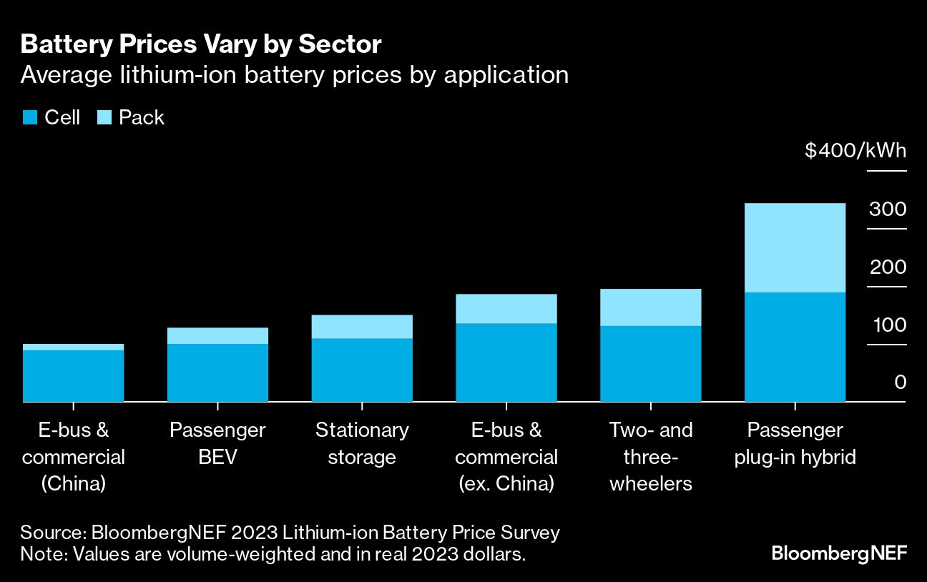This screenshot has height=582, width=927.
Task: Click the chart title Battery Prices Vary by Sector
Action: coord(200,44)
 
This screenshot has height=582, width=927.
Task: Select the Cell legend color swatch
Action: coord(29,118)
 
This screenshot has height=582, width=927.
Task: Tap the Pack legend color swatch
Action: coord(104,118)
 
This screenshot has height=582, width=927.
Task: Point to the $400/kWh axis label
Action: coord(855,152)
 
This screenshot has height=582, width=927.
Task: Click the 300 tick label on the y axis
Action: coord(888,209)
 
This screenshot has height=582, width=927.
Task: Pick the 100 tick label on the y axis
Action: coord(888,325)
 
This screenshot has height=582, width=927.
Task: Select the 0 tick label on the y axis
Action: coord(899,383)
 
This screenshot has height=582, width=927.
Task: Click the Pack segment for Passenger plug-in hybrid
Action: coord(795,247)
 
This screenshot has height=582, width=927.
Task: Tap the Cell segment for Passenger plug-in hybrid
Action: coord(795,347)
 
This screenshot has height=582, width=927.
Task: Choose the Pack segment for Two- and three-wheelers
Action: coord(650,307)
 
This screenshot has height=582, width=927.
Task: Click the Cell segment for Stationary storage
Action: coord(362,370)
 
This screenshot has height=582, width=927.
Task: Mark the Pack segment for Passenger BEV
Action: coord(217,336)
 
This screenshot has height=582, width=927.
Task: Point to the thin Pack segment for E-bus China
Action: coord(73,347)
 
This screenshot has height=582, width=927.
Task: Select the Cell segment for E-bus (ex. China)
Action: coord(506,362)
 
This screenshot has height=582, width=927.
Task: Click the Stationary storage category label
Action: coord(362,443)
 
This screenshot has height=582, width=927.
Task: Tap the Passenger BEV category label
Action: coord(217,443)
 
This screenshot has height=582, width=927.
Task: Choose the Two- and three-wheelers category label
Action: coord(650,456)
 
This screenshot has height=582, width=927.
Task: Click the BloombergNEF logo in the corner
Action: coord(838,553)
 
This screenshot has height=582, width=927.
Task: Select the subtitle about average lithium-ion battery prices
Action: coord(294,75)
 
